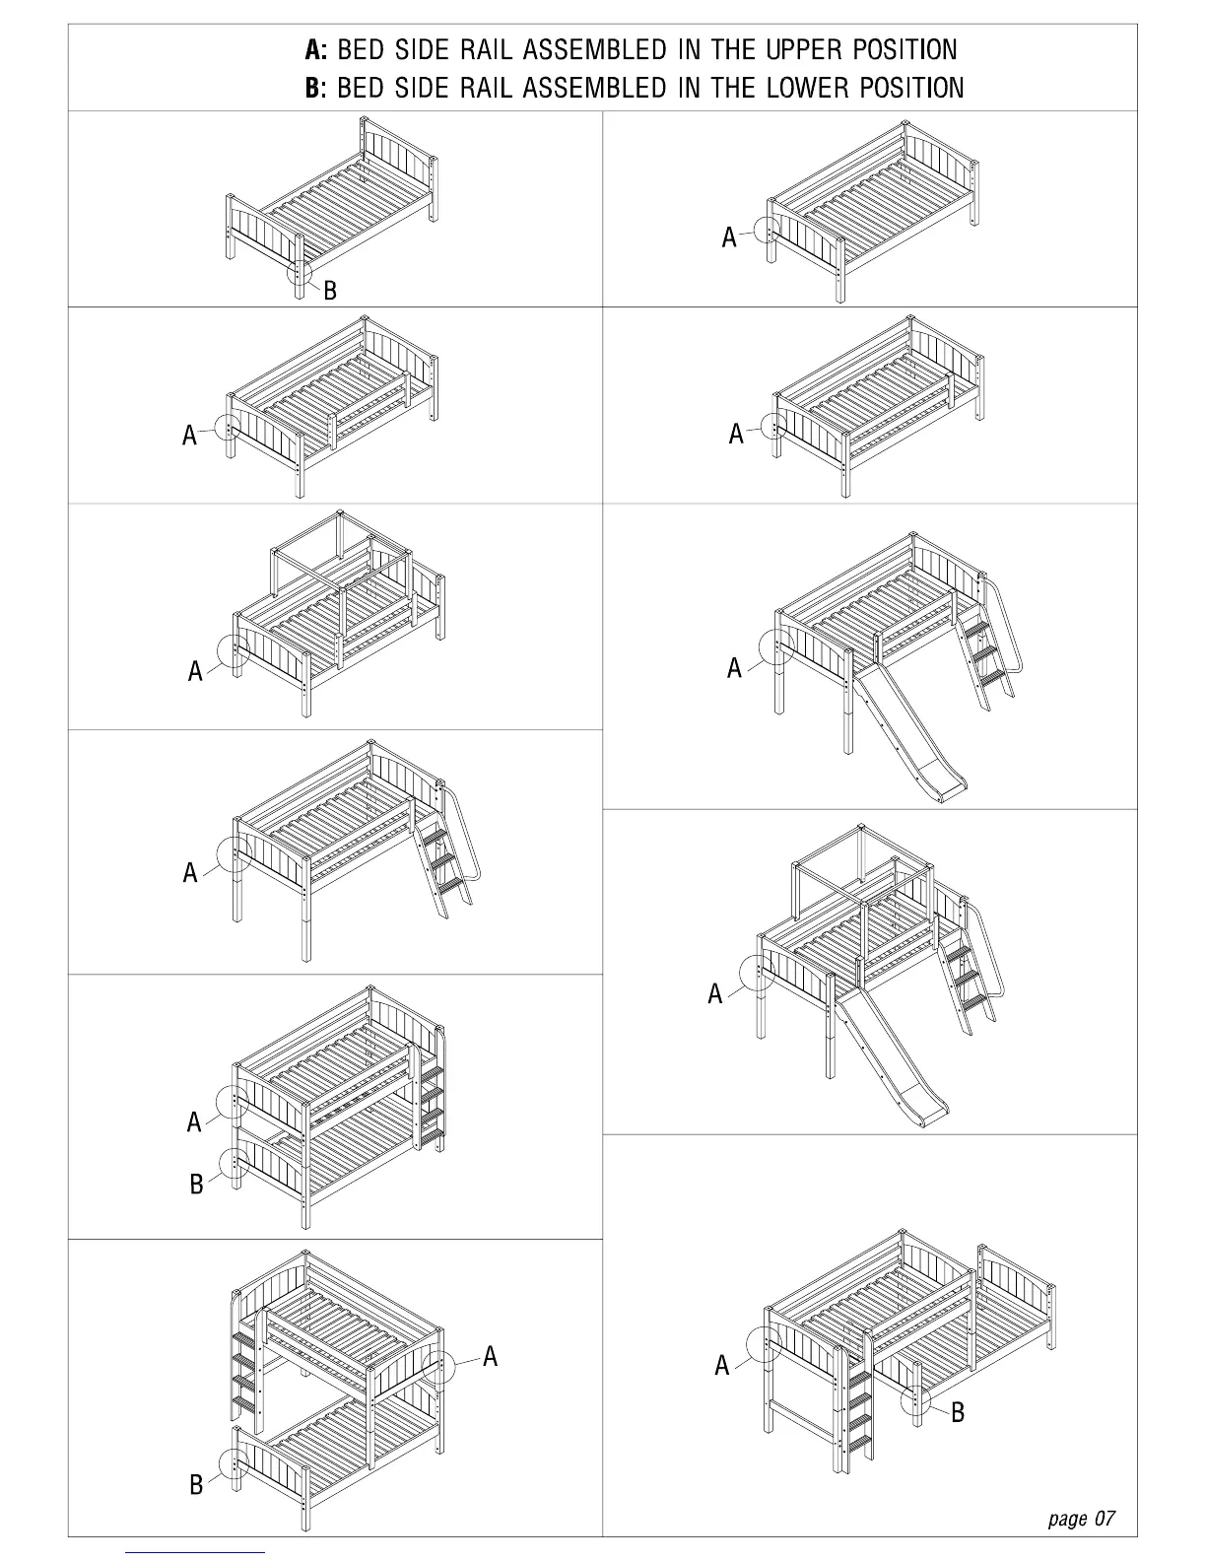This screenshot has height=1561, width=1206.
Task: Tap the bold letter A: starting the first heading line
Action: coord(315,49)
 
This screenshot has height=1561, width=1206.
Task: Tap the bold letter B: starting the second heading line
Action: coord(315,88)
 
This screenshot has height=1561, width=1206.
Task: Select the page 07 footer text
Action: coord(1081,1518)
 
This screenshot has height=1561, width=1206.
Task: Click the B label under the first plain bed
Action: coord(330,291)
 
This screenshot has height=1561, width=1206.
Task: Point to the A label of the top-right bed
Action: coord(729,238)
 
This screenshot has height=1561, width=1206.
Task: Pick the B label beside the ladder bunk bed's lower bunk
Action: coord(196,1184)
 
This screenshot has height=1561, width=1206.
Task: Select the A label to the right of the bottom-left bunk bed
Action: coord(491,1357)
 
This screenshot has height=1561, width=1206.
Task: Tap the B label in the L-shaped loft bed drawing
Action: coord(958,1412)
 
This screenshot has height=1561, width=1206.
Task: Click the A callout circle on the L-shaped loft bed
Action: coord(766,1343)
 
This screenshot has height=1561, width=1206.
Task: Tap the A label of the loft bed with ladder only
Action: coord(190,872)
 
